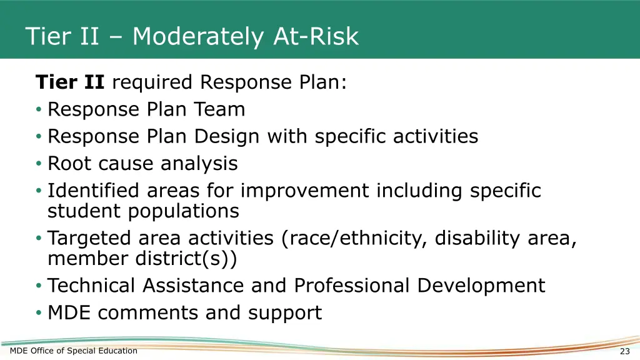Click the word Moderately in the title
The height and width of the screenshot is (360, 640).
click(198, 36)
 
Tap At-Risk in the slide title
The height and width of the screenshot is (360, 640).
click(316, 36)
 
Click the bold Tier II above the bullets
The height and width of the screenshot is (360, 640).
click(70, 82)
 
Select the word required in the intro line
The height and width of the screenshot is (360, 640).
click(153, 82)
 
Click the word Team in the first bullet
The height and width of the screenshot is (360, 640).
click(219, 110)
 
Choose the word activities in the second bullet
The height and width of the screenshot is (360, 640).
click(436, 137)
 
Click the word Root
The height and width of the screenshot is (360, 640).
click(70, 164)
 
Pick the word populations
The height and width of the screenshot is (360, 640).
click(184, 211)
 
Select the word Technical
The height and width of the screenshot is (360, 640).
click(92, 286)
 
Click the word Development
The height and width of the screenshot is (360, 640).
click(481, 286)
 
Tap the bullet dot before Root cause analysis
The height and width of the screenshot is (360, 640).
click(39, 164)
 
